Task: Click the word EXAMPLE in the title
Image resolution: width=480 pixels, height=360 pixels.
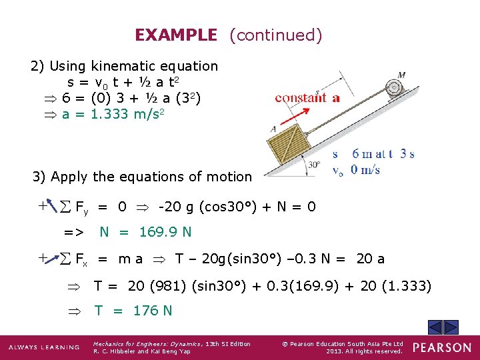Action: tap(176, 35)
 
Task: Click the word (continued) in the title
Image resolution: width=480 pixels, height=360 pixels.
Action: tap(275, 35)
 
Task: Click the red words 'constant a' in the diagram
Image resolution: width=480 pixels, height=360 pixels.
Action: tap(307, 98)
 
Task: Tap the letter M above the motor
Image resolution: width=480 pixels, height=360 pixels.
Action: tap(401, 75)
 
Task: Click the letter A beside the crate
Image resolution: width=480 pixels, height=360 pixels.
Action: tap(273, 129)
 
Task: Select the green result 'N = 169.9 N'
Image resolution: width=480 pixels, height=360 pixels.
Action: tap(145, 232)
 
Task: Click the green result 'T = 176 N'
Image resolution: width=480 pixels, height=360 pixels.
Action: tap(133, 310)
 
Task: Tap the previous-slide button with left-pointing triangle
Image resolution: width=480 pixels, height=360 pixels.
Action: tap(434, 327)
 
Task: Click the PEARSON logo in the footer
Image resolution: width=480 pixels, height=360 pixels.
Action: tap(441, 347)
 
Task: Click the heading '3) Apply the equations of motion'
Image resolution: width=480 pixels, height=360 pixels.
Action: tap(142, 177)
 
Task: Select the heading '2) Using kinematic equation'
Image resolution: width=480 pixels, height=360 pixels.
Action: tap(125, 66)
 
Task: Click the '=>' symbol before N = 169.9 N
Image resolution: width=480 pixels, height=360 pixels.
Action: tap(73, 232)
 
